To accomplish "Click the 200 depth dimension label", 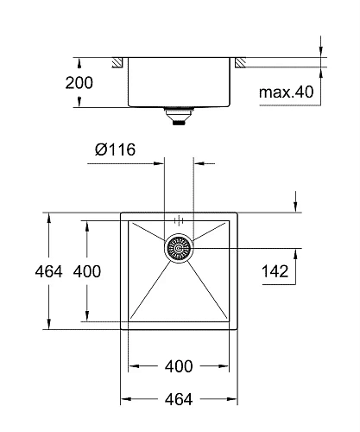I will pyautogui.click(x=79, y=83).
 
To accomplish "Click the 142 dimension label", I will pyautogui.click(x=274, y=271).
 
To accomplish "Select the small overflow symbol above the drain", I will pyautogui.click(x=178, y=219).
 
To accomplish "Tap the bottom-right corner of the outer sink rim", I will pyautogui.click(x=237, y=329).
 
